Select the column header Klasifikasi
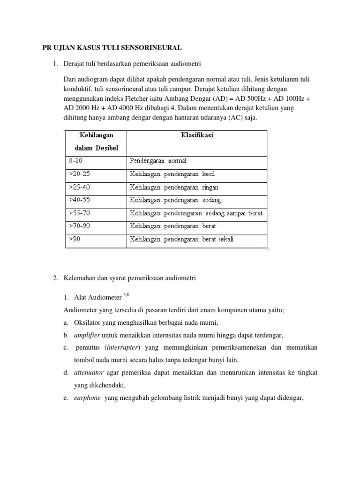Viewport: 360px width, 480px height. click(197, 135)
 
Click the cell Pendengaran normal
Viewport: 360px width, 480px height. click(157, 161)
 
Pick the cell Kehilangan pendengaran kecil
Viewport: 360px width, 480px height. click(172, 174)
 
